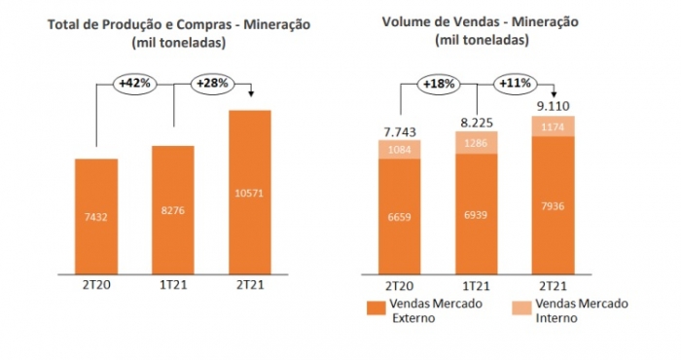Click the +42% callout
[x=135, y=84]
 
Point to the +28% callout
[x=212, y=84]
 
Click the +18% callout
[x=439, y=84]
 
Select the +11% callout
[x=515, y=84]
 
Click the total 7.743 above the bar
[x=400, y=130]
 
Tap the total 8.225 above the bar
[x=476, y=123]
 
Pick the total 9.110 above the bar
[x=553, y=105]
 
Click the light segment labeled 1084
[x=400, y=149]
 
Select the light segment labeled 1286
[x=476, y=142]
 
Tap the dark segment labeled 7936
[x=553, y=207]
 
